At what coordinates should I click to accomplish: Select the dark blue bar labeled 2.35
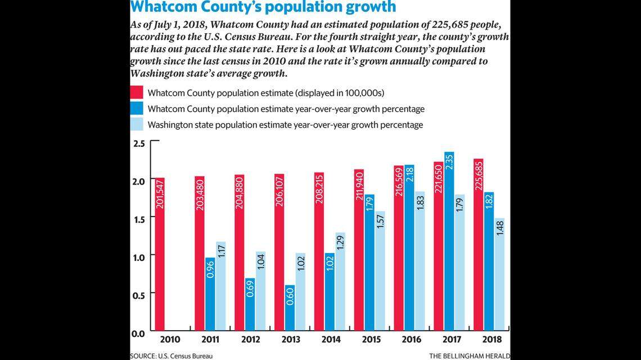[x=449, y=242]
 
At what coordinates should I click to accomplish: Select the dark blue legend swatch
[x=137, y=109]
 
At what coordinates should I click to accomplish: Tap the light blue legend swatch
[x=137, y=124]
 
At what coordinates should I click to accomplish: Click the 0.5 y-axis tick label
[x=138, y=294]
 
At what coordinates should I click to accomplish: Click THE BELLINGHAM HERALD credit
[x=469, y=355]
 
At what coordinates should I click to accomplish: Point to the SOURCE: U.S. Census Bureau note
[x=171, y=355]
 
